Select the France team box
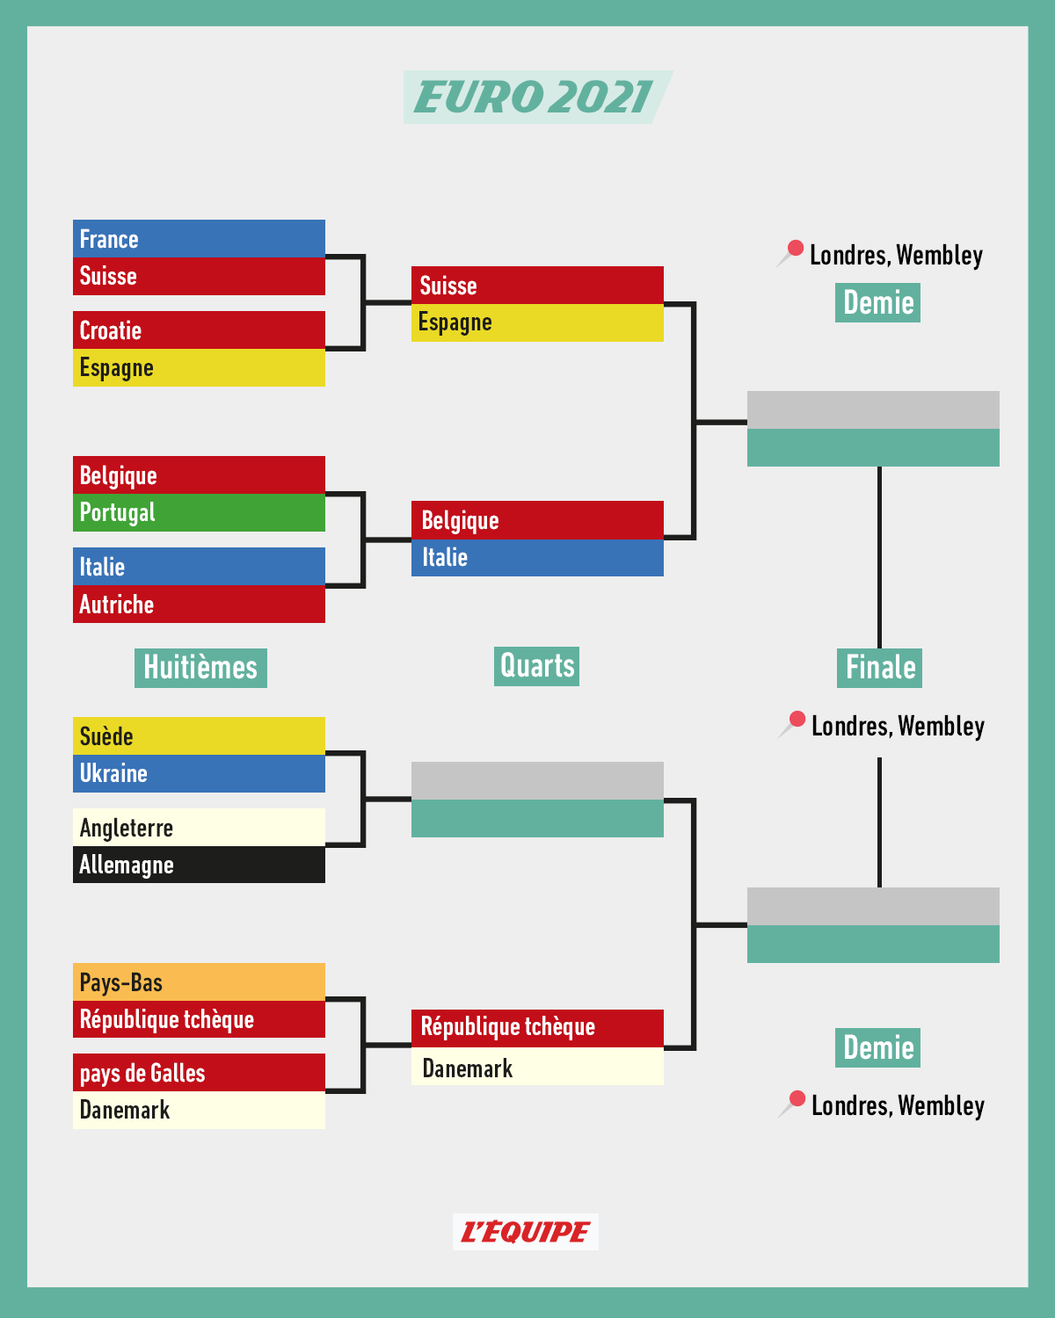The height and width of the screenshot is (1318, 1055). [x=199, y=239]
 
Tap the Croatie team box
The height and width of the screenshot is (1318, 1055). [x=199, y=330]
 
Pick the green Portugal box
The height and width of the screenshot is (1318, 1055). [x=199, y=512]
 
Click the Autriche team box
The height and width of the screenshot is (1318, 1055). [x=199, y=605]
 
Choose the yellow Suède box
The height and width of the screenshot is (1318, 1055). [x=199, y=736]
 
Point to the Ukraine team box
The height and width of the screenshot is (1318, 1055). [x=199, y=773]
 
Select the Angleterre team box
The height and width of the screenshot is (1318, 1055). [x=199, y=828]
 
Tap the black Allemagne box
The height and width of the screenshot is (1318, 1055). [x=199, y=865]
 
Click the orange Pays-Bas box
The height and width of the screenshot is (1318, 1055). [x=199, y=982]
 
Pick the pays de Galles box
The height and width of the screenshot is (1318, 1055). [x=199, y=1073]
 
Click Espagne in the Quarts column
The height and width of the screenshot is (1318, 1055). [x=537, y=322]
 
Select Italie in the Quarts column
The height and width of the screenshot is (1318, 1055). [x=537, y=558]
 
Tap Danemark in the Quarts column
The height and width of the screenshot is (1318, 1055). [x=537, y=1068]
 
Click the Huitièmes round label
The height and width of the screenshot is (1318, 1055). [x=200, y=668]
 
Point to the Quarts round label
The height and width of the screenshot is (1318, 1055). [x=536, y=666]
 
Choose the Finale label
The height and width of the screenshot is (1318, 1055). [x=879, y=668]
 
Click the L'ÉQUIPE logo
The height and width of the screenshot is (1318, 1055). [x=526, y=1232]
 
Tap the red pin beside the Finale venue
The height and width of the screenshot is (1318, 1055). [x=797, y=721]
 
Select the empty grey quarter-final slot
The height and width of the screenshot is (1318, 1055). [x=537, y=781]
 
